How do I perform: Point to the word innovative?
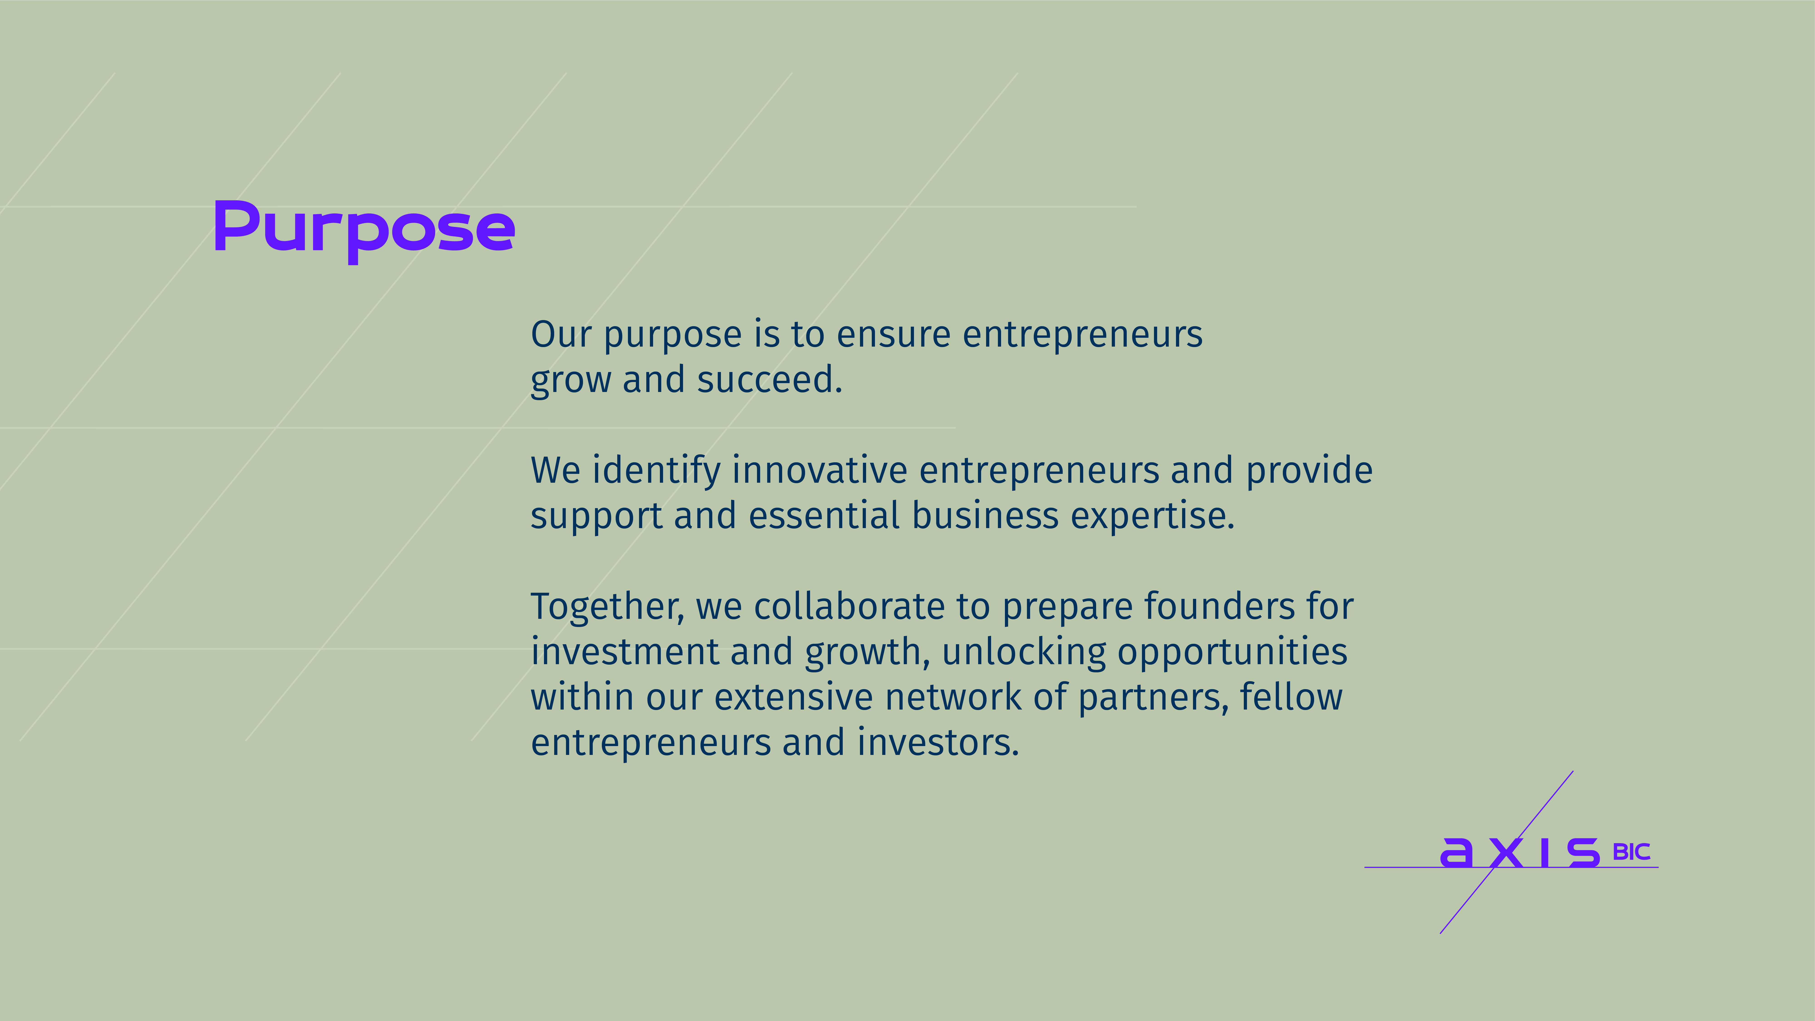[x=819, y=471]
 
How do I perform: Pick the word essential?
[x=824, y=516]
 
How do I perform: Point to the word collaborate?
[x=849, y=607]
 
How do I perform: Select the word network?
[x=953, y=698]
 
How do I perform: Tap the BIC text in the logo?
[x=1631, y=853]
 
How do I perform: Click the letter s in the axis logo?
[x=1583, y=853]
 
